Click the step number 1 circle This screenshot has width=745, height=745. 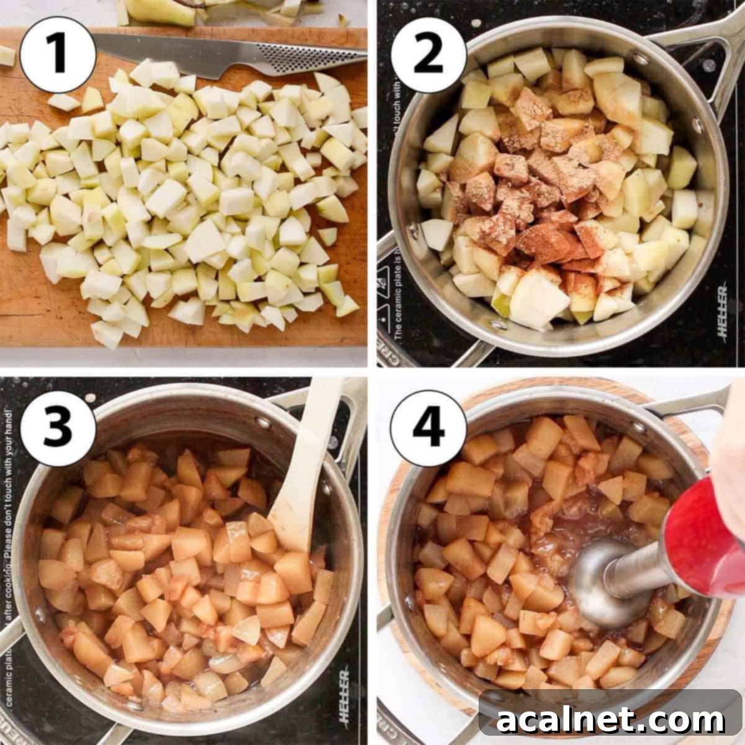click(58, 55)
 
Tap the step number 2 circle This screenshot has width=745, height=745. click(428, 55)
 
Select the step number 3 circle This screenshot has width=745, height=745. click(58, 428)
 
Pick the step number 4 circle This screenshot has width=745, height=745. click(428, 428)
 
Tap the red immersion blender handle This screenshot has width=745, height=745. click(702, 534)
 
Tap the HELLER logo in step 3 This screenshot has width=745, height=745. click(344, 695)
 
